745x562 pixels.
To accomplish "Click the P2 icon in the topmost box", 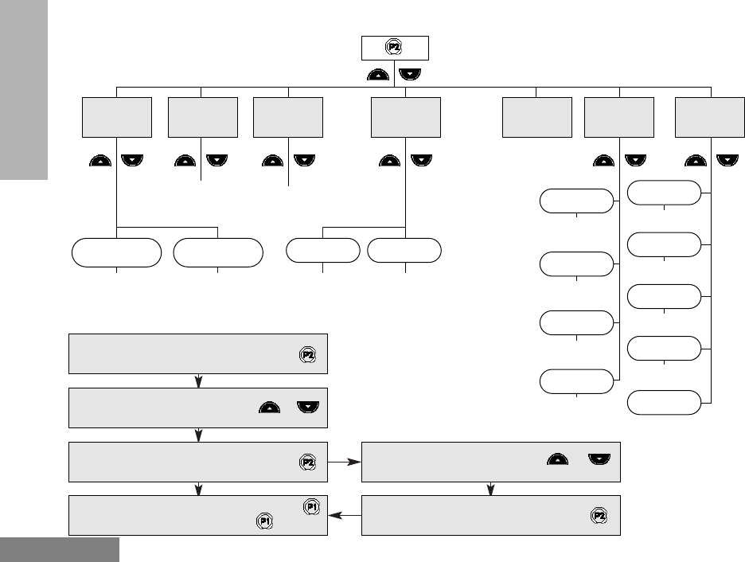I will point(393,48).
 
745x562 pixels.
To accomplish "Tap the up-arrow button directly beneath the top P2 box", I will point(379,75).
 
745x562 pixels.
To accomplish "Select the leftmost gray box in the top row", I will point(117,117).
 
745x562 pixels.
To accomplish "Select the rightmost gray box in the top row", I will point(710,117).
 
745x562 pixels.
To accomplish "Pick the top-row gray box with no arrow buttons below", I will point(537,117).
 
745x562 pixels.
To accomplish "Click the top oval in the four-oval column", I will point(576,201).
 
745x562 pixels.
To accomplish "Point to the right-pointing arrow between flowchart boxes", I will point(354,461).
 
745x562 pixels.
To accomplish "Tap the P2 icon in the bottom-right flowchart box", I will point(599,516).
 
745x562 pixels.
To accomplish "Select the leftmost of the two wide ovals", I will point(117,252).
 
